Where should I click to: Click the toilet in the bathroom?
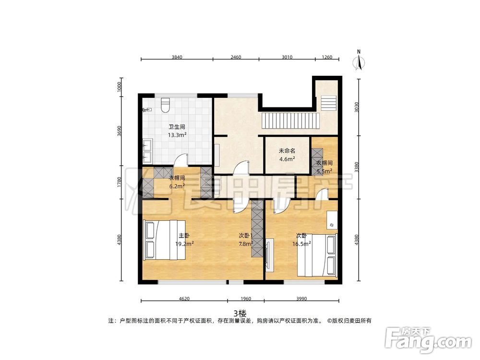(x=166, y=105)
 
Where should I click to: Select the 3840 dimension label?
(x=177, y=57)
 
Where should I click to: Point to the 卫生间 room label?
(x=177, y=127)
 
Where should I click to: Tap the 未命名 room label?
(x=287, y=151)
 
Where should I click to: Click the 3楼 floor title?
(x=240, y=312)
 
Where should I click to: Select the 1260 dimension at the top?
(x=327, y=57)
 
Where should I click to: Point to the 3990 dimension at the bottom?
(x=301, y=299)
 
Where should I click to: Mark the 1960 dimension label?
(x=245, y=299)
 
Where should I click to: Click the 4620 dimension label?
(x=184, y=299)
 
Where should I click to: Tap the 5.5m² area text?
(x=324, y=170)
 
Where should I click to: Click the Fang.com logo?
(x=429, y=339)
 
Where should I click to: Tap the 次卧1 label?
(x=246, y=236)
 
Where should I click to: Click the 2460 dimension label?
(x=236, y=57)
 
